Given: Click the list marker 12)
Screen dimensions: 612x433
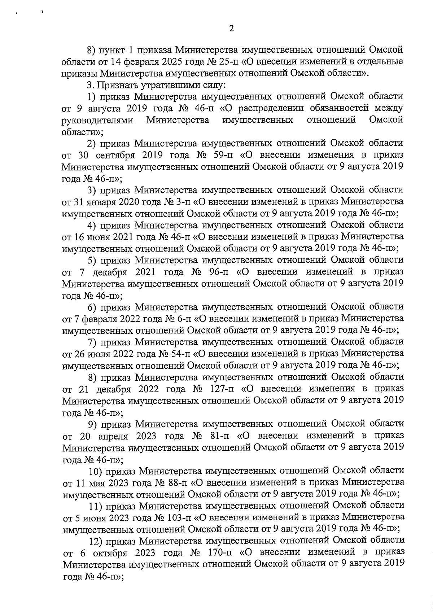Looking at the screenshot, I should pyautogui.click(x=96, y=541).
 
